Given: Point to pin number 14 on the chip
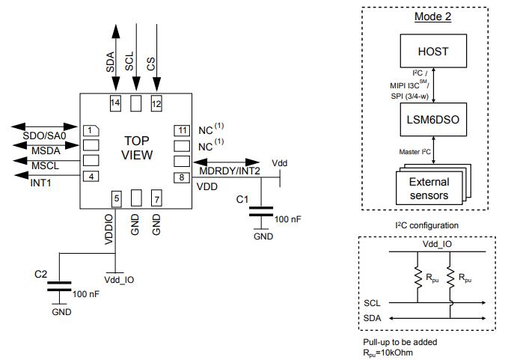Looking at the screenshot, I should [x=115, y=103].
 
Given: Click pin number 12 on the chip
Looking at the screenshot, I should [x=156, y=103].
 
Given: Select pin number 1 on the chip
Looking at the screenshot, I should [x=90, y=130].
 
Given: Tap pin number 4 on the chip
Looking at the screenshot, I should [x=90, y=176].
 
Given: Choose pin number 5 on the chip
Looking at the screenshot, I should [x=116, y=198].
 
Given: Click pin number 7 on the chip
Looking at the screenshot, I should [x=156, y=198].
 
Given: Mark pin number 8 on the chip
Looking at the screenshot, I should [x=182, y=177].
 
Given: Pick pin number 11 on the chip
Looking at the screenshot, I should [x=182, y=130].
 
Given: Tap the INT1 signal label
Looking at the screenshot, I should [x=41, y=183].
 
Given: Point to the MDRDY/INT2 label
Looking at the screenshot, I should [x=229, y=172].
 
